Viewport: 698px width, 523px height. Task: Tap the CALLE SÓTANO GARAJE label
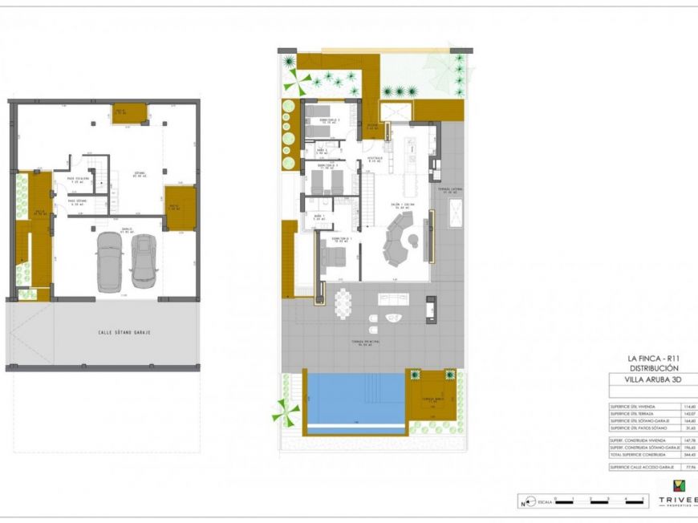point(125,332)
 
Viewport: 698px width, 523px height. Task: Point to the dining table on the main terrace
point(343,302)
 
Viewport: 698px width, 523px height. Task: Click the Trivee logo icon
point(678,486)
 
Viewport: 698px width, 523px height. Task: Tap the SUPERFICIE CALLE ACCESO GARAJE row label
point(643,466)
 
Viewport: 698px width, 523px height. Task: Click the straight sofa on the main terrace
point(393,299)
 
